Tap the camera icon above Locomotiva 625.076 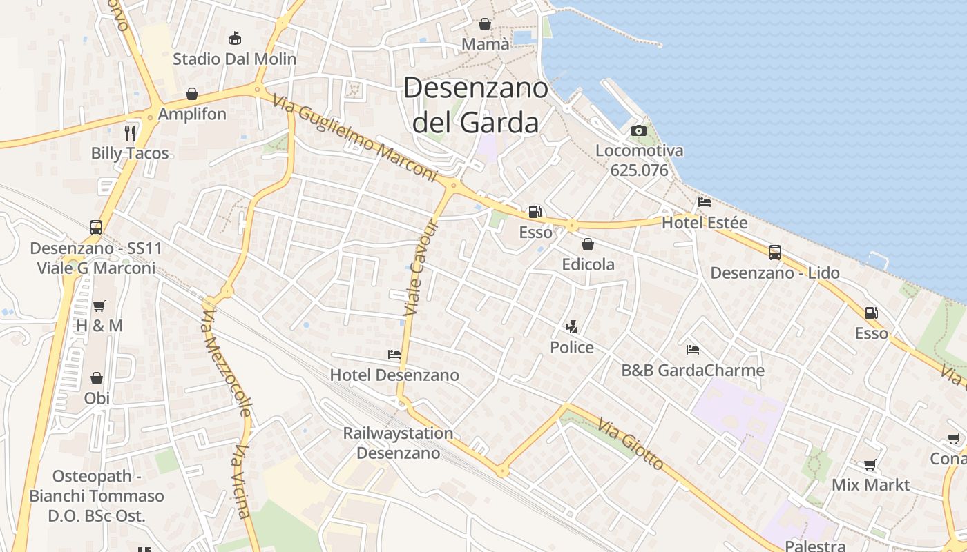[x=639, y=130]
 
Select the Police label [x=572, y=347]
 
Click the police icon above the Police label [x=571, y=326]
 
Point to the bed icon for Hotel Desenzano [x=394, y=355]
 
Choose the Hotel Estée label [x=705, y=223]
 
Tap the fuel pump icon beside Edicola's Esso [x=535, y=212]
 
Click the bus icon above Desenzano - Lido [x=775, y=253]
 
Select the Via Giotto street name [x=631, y=444]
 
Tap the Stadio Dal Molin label [x=234, y=59]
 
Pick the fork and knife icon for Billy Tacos [x=130, y=132]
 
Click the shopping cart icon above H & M [x=99, y=306]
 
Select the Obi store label [x=97, y=398]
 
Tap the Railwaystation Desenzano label [x=399, y=443]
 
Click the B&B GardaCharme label [x=693, y=371]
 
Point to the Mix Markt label [x=870, y=484]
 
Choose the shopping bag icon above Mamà [x=485, y=24]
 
